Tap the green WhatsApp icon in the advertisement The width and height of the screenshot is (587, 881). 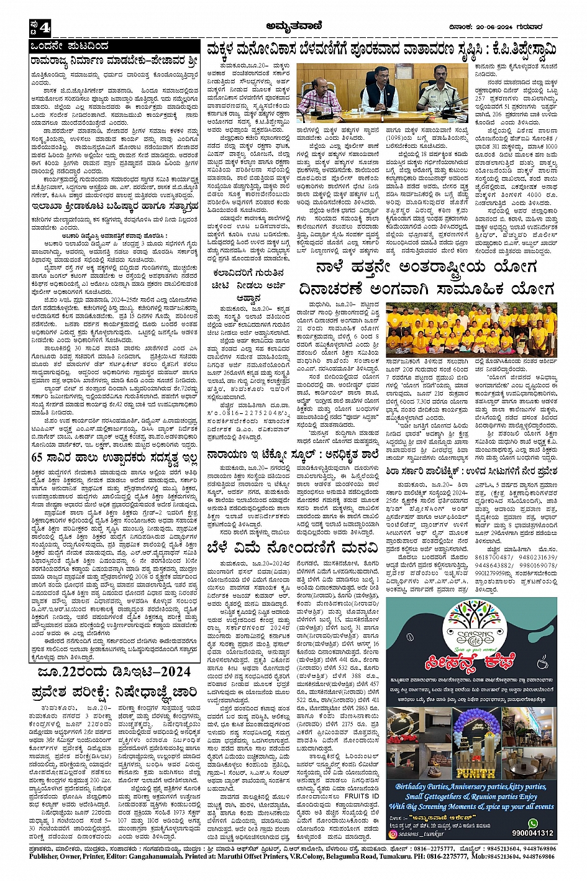[x=532, y=824]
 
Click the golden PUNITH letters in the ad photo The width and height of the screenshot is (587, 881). [x=476, y=774]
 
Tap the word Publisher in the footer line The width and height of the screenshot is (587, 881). [x=49, y=856]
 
